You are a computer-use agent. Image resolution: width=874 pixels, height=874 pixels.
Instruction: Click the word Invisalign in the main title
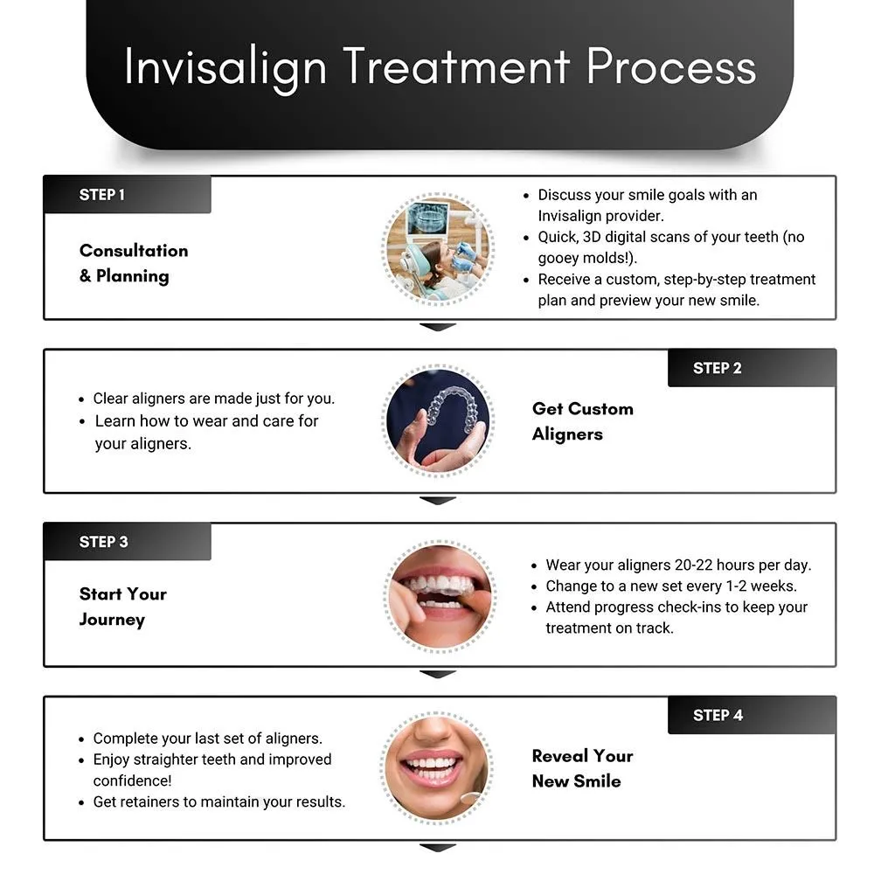point(225,68)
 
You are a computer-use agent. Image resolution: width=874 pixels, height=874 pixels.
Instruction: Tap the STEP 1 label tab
point(127,195)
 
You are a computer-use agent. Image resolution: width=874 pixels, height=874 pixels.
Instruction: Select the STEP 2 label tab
point(752,368)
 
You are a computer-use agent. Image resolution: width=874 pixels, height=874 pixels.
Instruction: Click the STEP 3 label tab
point(127,542)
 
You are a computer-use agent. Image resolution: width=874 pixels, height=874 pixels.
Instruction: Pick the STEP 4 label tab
point(752,715)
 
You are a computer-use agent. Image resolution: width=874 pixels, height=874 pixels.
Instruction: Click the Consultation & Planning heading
point(134,263)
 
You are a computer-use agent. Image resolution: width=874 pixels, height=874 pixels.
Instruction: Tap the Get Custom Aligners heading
point(583,421)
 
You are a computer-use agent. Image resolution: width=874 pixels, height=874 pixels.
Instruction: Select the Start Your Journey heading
point(122,607)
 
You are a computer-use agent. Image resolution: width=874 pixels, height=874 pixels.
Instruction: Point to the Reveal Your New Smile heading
point(583,768)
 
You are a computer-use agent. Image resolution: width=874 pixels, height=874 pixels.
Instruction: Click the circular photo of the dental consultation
point(439,248)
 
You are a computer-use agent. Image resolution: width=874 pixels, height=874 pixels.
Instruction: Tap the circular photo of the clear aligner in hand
point(439,421)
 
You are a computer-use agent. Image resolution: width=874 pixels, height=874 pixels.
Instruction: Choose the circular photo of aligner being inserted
point(439,595)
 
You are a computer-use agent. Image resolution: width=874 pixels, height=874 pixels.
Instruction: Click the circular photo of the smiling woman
point(439,767)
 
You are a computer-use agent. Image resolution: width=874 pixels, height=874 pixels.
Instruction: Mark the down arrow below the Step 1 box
point(438,327)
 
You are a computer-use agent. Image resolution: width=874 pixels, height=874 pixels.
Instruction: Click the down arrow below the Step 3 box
point(438,674)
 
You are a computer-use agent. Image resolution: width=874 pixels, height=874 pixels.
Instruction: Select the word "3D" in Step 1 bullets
point(594,237)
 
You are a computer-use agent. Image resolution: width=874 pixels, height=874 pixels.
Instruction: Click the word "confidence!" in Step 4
point(133,780)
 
